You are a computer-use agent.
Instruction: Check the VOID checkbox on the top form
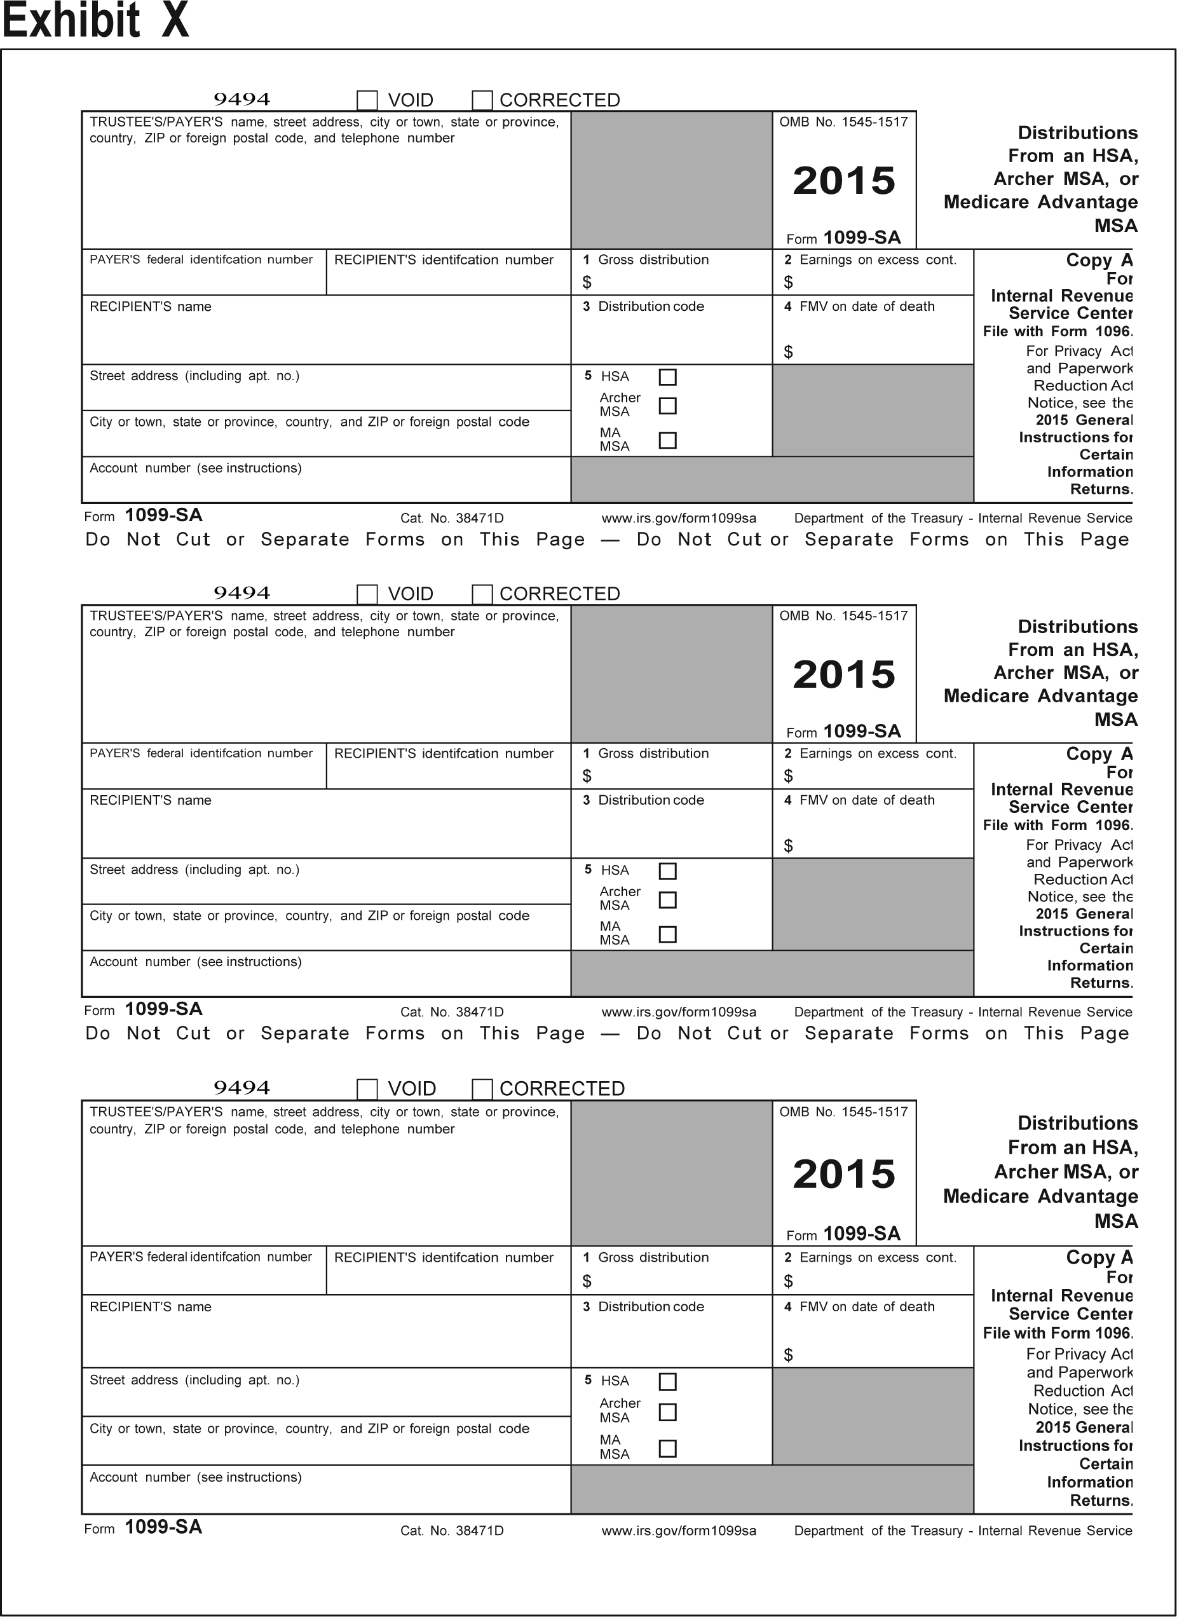point(367,100)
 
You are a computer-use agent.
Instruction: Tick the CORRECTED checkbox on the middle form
point(482,594)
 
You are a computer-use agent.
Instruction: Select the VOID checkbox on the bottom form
point(367,1089)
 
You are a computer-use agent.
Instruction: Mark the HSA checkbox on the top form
point(667,376)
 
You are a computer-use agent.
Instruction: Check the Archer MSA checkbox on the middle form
point(667,900)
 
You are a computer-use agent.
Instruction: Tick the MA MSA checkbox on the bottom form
point(667,1448)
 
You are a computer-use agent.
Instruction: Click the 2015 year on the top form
point(844,181)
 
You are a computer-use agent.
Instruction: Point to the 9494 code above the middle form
point(242,592)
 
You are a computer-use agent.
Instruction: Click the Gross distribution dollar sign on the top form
point(587,282)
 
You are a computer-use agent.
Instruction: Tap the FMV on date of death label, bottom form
point(866,1306)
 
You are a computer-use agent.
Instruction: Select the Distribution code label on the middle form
point(650,800)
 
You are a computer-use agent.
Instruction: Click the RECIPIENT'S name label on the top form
point(151,306)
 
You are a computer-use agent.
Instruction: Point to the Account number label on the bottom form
point(195,1477)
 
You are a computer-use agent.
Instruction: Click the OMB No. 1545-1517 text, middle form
point(843,616)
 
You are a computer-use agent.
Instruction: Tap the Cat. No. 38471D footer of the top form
point(452,518)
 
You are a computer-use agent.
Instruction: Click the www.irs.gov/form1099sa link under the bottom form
point(679,1530)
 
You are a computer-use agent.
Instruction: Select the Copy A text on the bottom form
point(1099,1258)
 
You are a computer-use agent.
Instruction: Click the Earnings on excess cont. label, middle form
point(878,754)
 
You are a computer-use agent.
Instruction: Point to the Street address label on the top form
point(194,376)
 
